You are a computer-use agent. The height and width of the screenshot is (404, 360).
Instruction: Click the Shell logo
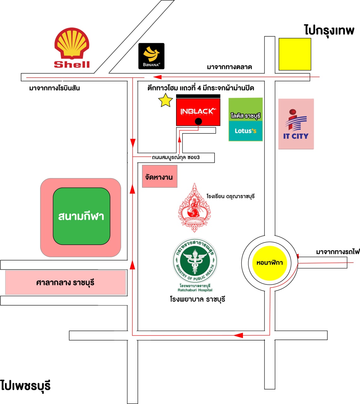72,48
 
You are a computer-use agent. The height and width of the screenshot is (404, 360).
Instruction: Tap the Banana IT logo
151,56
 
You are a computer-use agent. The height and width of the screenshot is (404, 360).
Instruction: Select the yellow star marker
165,101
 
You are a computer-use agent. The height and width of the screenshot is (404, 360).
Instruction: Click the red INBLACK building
198,111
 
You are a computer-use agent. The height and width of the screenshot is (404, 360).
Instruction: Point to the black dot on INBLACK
198,122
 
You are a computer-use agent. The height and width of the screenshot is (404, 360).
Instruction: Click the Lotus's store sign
245,131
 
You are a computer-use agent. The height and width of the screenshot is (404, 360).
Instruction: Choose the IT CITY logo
296,124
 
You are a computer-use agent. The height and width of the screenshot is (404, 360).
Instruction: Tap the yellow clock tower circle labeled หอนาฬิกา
269,263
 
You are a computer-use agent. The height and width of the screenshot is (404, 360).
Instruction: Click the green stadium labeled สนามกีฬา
81,217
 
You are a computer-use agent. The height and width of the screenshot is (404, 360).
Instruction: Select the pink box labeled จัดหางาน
159,177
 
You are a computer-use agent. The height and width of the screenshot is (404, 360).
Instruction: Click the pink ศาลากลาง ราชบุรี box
65,282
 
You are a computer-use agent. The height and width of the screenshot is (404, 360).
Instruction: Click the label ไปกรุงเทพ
329,30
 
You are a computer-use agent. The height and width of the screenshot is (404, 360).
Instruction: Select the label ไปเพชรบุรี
26,386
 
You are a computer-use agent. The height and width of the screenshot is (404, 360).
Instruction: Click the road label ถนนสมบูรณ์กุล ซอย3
176,157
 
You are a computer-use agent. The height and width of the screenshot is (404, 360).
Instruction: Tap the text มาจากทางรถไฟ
338,252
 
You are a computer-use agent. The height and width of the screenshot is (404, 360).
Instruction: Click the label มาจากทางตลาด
229,67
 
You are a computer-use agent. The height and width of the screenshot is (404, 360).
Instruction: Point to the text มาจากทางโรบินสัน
54,88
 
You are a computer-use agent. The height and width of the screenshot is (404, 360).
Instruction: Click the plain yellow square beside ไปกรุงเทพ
295,54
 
